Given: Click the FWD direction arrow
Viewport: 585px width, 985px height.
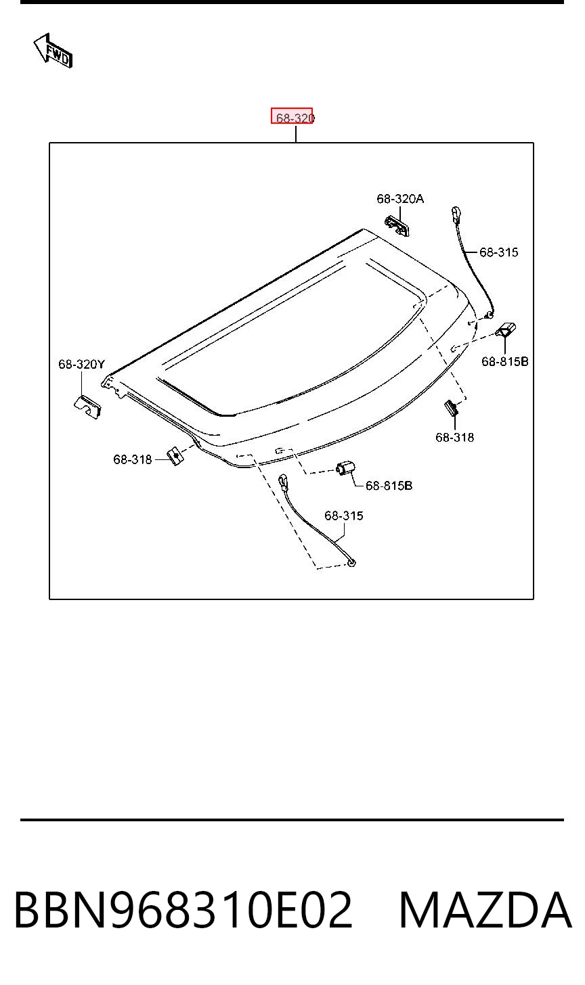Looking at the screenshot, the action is pos(53,51).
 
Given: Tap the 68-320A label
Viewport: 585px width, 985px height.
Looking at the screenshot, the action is pos(400,199).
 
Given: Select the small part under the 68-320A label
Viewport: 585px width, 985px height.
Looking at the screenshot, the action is pos(397,225).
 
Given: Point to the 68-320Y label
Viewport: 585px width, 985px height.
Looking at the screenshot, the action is pos(82,364).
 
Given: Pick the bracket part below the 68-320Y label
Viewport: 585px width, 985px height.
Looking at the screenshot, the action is pos(87,406).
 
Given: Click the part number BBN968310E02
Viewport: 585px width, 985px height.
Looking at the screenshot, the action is pos(183,910).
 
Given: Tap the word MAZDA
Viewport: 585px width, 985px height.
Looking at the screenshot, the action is pos(485,910).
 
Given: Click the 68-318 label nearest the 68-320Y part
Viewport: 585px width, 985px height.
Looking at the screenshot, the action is pos(133,459).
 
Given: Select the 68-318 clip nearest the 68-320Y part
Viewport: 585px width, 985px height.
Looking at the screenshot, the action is pos(175,456).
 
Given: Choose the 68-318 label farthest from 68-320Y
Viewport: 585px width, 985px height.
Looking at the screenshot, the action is pos(455,438).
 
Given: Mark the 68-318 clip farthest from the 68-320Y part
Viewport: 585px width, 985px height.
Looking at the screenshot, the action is pos(452,408).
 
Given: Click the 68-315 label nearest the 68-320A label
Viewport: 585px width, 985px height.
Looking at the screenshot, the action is pos(499,252).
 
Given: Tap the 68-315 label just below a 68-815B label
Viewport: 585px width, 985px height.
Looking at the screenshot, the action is pos(344,516).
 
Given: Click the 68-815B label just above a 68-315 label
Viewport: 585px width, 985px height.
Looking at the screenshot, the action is pos(389,486).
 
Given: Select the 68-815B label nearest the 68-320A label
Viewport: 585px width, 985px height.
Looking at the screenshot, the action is pos(505,361).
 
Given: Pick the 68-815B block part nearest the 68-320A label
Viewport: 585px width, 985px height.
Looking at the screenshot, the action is pos(506,329).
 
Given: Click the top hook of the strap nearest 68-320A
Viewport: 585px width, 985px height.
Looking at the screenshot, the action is pos(456,214).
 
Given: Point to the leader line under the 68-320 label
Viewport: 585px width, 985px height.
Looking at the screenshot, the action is pos(296,134).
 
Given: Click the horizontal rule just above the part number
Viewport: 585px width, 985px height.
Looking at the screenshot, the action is pos(292,820).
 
